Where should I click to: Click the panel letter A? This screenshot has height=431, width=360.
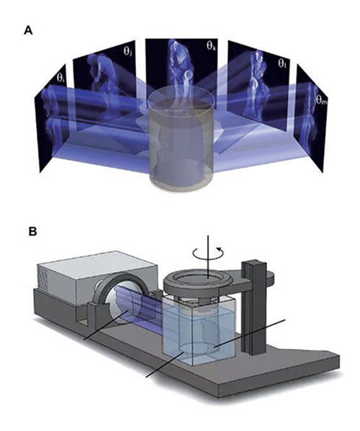[28, 30]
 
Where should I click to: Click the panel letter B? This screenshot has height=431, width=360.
[32, 231]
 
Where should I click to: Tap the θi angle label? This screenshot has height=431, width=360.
[60, 77]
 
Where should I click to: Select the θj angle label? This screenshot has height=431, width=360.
[127, 50]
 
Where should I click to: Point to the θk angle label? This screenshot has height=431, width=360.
[211, 45]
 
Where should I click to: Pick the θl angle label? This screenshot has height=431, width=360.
[282, 63]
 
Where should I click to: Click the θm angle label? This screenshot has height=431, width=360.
[320, 99]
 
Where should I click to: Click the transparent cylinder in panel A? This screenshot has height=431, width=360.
[181, 141]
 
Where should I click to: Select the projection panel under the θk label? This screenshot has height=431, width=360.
[181, 71]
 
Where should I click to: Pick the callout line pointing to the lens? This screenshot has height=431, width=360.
[107, 325]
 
